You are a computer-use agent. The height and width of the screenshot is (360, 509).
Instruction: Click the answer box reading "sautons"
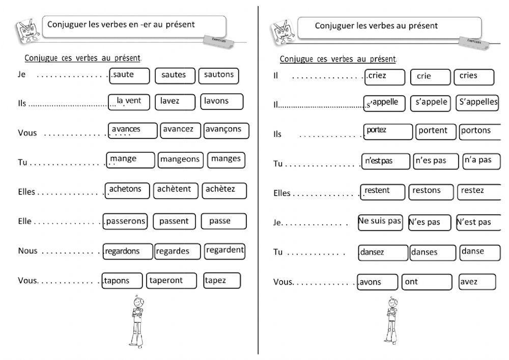click(218, 75)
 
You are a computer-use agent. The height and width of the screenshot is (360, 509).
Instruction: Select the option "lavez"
click(175, 101)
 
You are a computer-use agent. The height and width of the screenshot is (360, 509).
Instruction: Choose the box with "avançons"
click(225, 130)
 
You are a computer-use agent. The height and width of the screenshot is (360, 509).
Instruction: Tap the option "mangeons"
click(180, 159)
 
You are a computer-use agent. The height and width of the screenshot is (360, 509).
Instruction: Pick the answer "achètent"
click(175, 190)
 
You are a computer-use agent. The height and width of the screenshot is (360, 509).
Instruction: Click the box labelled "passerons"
click(125, 221)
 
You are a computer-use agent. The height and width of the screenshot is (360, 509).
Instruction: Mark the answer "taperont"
click(172, 281)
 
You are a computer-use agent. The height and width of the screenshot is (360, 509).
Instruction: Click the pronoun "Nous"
click(27, 251)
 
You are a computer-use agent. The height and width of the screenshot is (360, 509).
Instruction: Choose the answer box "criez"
click(384, 76)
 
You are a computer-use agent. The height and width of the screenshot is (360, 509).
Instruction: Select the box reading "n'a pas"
click(480, 160)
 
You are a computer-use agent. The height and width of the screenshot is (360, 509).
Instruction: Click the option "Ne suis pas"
click(380, 222)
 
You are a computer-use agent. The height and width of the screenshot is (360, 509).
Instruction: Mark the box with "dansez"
click(383, 252)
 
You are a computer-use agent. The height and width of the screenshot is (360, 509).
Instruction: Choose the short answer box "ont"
click(427, 282)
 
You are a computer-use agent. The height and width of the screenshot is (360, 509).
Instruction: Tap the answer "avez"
click(476, 281)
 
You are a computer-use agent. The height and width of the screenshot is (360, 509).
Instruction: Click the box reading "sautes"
click(174, 75)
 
